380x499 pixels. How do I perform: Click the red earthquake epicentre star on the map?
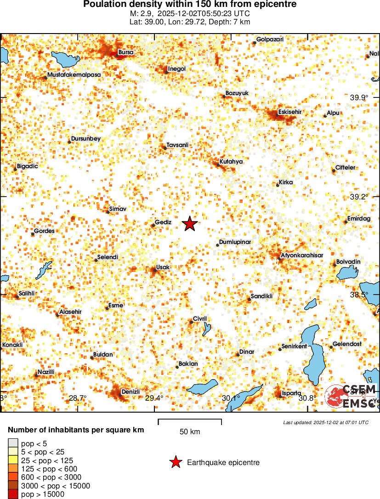[x=189, y=224]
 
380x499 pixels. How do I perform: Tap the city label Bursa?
[x=125, y=52]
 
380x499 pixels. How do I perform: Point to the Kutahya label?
[x=231, y=161]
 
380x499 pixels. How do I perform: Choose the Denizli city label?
[x=130, y=391]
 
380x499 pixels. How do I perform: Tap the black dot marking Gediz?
[x=153, y=225]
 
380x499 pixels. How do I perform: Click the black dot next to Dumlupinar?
[x=217, y=245]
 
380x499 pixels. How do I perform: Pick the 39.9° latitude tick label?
[x=359, y=97]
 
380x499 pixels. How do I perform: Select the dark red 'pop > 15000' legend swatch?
[x=12, y=494]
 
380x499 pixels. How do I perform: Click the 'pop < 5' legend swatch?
[x=12, y=443]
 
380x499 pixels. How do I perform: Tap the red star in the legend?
[x=175, y=463]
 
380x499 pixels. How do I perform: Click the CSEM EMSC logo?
[x=351, y=396]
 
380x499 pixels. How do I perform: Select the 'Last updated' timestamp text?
[x=326, y=422]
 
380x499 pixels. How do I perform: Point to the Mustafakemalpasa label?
[x=74, y=74]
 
